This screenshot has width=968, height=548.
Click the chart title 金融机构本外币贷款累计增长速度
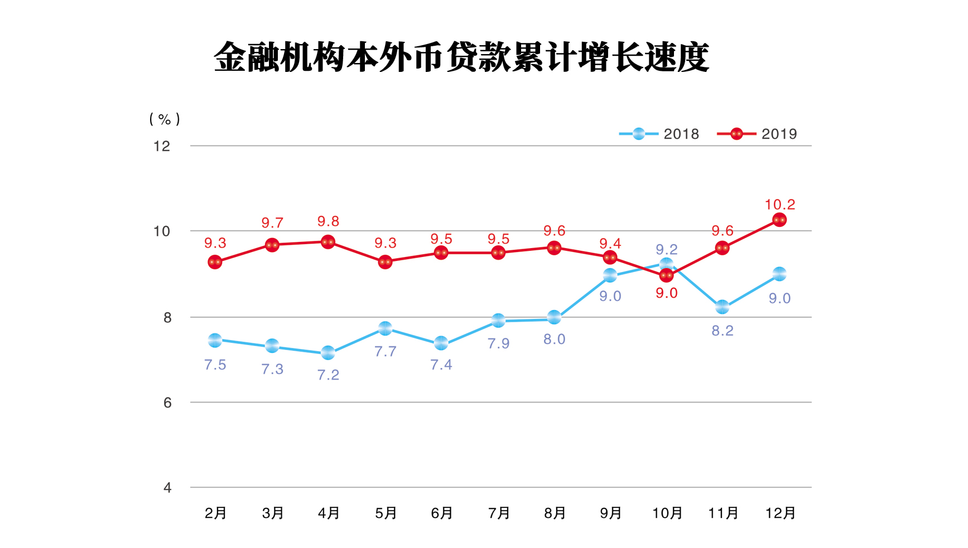461,57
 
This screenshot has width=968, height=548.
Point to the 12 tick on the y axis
162,146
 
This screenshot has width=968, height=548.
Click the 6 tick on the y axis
167,402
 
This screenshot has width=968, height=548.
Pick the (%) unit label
165,119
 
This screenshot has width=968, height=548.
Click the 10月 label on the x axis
667,513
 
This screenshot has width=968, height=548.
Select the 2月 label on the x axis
215,513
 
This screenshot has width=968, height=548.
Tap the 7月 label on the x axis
499,513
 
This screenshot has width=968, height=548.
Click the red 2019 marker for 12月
779,220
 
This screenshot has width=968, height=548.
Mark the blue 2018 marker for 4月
328,353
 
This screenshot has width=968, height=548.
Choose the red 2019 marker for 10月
666,275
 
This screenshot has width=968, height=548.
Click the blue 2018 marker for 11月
723,307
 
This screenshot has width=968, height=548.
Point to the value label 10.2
779,205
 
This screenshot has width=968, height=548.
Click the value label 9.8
328,221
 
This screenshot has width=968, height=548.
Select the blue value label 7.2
328,375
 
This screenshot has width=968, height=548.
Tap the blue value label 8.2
723,331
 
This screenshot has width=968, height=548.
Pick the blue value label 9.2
667,249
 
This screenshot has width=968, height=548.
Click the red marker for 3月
272,245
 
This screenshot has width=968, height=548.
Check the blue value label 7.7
386,351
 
